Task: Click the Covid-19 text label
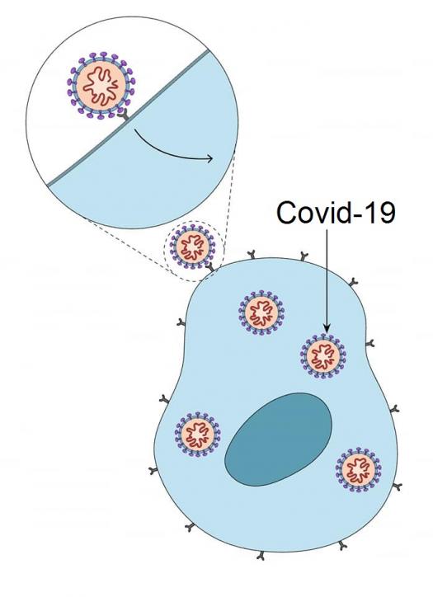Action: pos(336,213)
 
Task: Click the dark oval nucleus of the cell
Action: pos(279,440)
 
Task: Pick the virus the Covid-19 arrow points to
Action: pos(323,356)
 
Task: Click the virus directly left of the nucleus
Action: pos(197,434)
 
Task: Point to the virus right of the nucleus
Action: pos(358,469)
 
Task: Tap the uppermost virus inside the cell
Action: pos(262,313)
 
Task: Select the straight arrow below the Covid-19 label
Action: pos(327,280)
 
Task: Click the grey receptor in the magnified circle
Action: pos(123,115)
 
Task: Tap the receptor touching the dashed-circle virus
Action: pos(210,267)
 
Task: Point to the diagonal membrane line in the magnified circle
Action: pos(128,118)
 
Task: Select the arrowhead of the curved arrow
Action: pos(209,158)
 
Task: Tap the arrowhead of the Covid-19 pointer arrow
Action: pos(327,327)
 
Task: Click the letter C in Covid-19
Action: pos(286,213)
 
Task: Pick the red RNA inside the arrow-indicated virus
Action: pos(323,356)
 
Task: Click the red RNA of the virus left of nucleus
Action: pos(197,434)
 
